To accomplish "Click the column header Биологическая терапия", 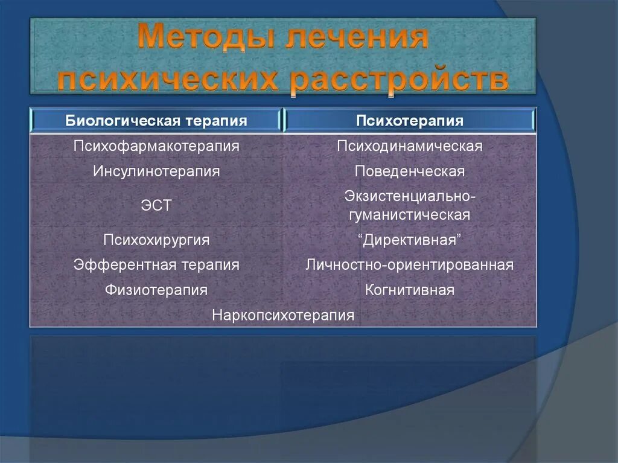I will point(156,121).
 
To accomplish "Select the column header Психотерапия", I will point(409,121).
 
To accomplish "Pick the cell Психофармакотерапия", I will point(156,146).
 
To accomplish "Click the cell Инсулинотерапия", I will point(156,171).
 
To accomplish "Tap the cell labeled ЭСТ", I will point(156,206).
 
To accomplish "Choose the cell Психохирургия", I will point(156,240).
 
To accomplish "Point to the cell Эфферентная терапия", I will point(156,265).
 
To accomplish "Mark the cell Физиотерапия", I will point(156,290).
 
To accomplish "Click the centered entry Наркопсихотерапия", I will point(283,316).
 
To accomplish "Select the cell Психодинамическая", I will point(409,146).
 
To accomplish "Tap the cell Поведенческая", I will point(409,171).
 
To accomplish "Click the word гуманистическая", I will point(409,215).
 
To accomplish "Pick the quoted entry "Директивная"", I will point(409,240).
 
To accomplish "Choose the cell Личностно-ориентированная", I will point(409,265).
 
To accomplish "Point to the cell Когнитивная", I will point(409,290).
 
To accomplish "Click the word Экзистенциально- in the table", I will point(410,197).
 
